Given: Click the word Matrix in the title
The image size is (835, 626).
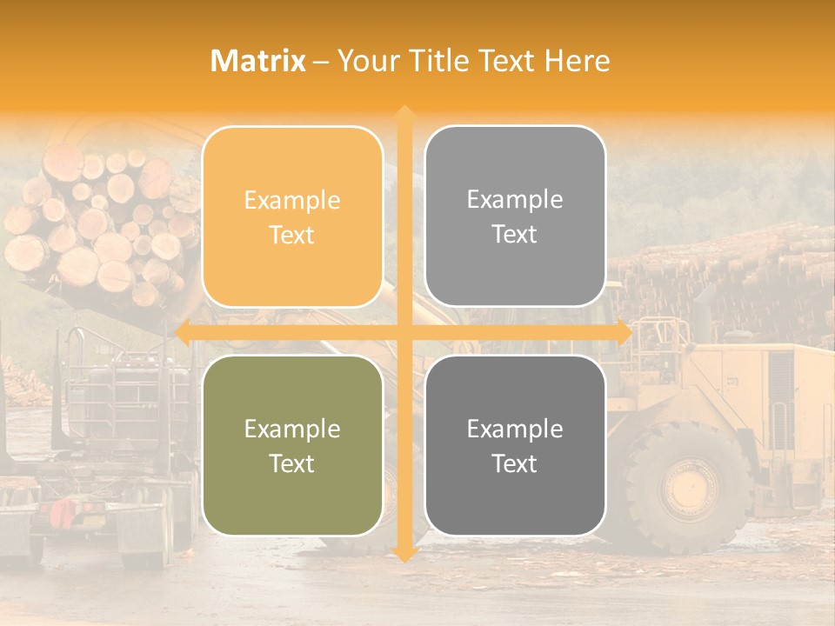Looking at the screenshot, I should [258, 61].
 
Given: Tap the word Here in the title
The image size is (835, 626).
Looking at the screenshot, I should [577, 61].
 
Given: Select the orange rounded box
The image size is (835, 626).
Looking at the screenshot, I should [292, 216].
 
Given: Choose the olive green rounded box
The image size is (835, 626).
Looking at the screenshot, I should [292, 445].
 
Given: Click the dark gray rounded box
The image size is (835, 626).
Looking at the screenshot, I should [515, 445].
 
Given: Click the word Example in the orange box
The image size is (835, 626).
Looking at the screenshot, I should [292, 200].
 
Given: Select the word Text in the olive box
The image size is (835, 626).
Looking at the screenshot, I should [292, 463].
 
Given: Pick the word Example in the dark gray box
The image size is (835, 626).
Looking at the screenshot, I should [515, 429].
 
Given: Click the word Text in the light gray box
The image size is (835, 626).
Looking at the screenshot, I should [515, 234].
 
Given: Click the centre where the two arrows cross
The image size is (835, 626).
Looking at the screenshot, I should [404, 332].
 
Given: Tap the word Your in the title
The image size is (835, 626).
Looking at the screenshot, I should [362, 61].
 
